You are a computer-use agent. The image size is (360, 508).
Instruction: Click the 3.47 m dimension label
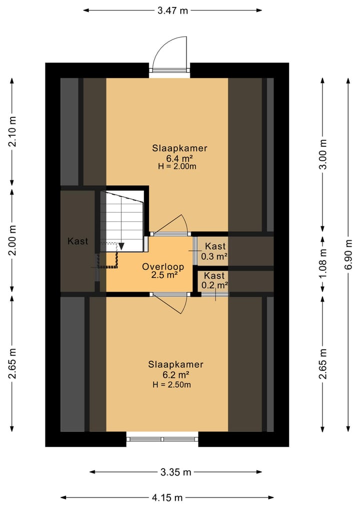coord(172,10)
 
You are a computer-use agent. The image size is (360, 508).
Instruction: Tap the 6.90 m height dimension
coord(348,254)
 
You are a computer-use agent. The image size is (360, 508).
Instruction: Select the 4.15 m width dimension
coord(167,498)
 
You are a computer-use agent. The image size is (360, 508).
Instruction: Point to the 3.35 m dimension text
coord(175,472)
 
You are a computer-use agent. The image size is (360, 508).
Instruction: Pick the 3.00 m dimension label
coord(322,154)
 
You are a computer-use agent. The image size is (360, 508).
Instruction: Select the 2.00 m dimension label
coord(12,240)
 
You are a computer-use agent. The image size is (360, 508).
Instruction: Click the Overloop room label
coord(163,267)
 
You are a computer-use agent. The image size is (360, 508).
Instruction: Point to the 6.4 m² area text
coord(179,158)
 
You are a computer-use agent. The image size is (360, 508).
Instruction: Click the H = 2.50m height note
coord(171,385)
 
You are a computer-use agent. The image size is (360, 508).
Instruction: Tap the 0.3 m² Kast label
coord(214,251)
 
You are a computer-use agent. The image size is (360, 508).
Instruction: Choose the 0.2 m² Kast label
coord(214,281)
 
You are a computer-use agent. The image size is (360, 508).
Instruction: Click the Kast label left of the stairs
coord(78,241)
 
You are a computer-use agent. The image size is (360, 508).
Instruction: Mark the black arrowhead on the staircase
coord(121,246)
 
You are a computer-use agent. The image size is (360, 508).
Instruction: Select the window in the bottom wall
coord(162,439)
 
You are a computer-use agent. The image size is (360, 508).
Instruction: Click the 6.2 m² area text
coord(176,375)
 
